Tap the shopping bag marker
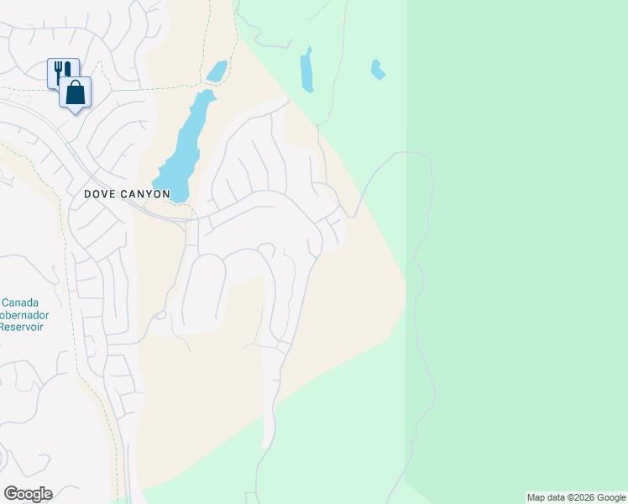point(75,92)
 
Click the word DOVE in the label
point(102,194)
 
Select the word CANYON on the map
point(148,194)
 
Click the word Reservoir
point(22,326)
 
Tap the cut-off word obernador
point(24,314)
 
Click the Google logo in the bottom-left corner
point(28,494)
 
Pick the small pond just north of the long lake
point(217,71)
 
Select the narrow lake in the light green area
point(307,70)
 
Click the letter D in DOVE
point(88,194)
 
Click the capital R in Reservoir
point(4,326)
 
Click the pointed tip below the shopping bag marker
point(75,112)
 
